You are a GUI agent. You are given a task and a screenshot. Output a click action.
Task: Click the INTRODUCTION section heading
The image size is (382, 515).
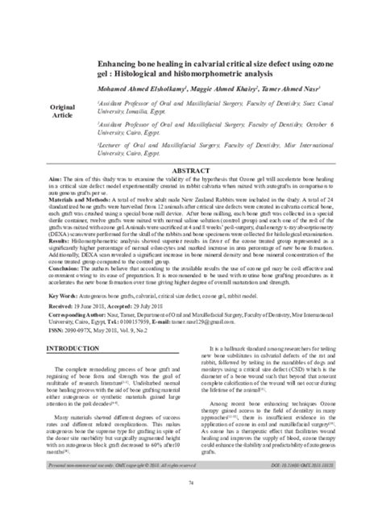(74, 347)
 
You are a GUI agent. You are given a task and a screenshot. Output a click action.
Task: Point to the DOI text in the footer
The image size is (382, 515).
(305, 488)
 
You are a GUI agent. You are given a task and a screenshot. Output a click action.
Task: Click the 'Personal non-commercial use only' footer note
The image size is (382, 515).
(112, 488)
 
